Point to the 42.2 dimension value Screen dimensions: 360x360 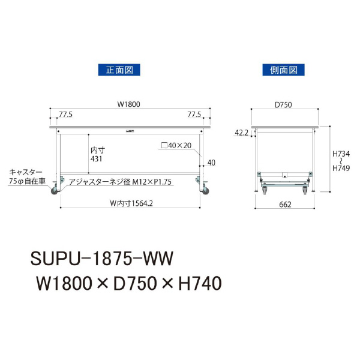[x=242, y=133]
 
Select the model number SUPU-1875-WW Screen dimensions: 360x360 [x=100, y=259]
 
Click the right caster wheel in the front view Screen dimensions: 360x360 [x=205, y=190]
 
